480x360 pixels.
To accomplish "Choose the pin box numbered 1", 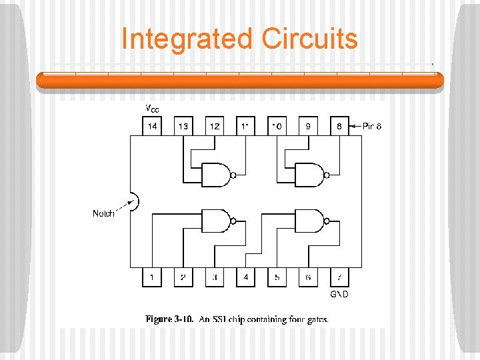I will pyautogui.click(x=152, y=277).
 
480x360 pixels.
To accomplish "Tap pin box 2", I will pyautogui.click(x=183, y=277).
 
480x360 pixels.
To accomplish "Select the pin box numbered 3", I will pyautogui.click(x=215, y=277).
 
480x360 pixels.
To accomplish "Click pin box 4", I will pyautogui.click(x=246, y=277).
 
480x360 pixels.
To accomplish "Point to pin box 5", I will pyautogui.click(x=277, y=277).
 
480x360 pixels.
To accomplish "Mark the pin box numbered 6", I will pyautogui.click(x=308, y=277).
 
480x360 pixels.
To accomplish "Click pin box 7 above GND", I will pyautogui.click(x=339, y=277).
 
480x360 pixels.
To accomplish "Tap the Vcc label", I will pyautogui.click(x=152, y=109).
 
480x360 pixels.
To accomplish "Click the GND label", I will pyautogui.click(x=340, y=294).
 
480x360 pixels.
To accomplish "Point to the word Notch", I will pyautogui.click(x=103, y=214).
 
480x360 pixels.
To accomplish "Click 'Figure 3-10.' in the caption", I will pyautogui.click(x=170, y=319).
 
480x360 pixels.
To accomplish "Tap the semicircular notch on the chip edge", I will pyautogui.click(x=133, y=202).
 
